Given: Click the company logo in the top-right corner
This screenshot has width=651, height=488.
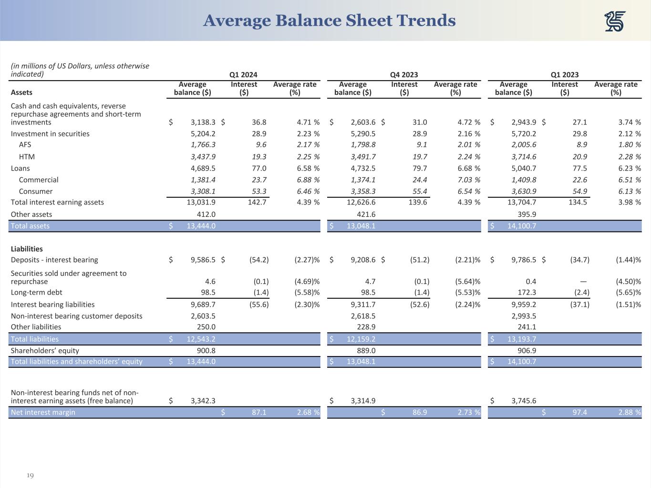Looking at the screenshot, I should click(615, 21).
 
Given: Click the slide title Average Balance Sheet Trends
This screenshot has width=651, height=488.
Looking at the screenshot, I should click(329, 20).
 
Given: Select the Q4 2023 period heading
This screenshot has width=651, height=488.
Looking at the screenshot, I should click(404, 74).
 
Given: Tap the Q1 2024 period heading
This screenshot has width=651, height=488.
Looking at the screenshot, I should click(243, 74).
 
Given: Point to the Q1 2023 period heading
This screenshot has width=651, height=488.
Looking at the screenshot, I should click(565, 74).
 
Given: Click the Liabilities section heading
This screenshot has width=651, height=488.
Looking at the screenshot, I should click(27, 249).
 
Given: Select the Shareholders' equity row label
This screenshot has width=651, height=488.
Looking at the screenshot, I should click(45, 350).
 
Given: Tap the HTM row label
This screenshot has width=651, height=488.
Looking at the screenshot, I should click(27, 157).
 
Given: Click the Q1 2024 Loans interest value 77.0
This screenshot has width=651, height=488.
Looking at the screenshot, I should click(259, 168).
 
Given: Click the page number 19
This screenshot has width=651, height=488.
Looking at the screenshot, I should click(30, 476).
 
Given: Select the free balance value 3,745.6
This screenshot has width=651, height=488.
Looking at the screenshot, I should click(524, 401).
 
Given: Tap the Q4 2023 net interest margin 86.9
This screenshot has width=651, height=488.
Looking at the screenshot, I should click(420, 412).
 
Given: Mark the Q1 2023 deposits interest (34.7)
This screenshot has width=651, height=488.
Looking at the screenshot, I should click(579, 260).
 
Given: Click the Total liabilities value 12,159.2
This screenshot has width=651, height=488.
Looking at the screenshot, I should click(361, 339).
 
